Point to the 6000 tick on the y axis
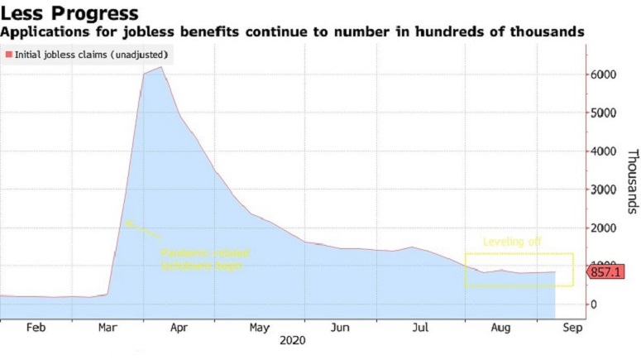[604, 74]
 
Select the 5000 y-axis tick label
[604, 113]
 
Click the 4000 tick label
[604, 151]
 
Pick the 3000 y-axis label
[604, 190]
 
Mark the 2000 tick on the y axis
[604, 228]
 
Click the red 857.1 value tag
[605, 271]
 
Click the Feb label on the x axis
[36, 327]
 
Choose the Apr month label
[179, 327]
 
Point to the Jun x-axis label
[339, 327]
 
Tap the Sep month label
[572, 327]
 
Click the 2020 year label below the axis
[293, 340]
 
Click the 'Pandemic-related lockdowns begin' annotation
[204, 258]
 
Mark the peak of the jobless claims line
[161, 67]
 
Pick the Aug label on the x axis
[500, 327]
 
